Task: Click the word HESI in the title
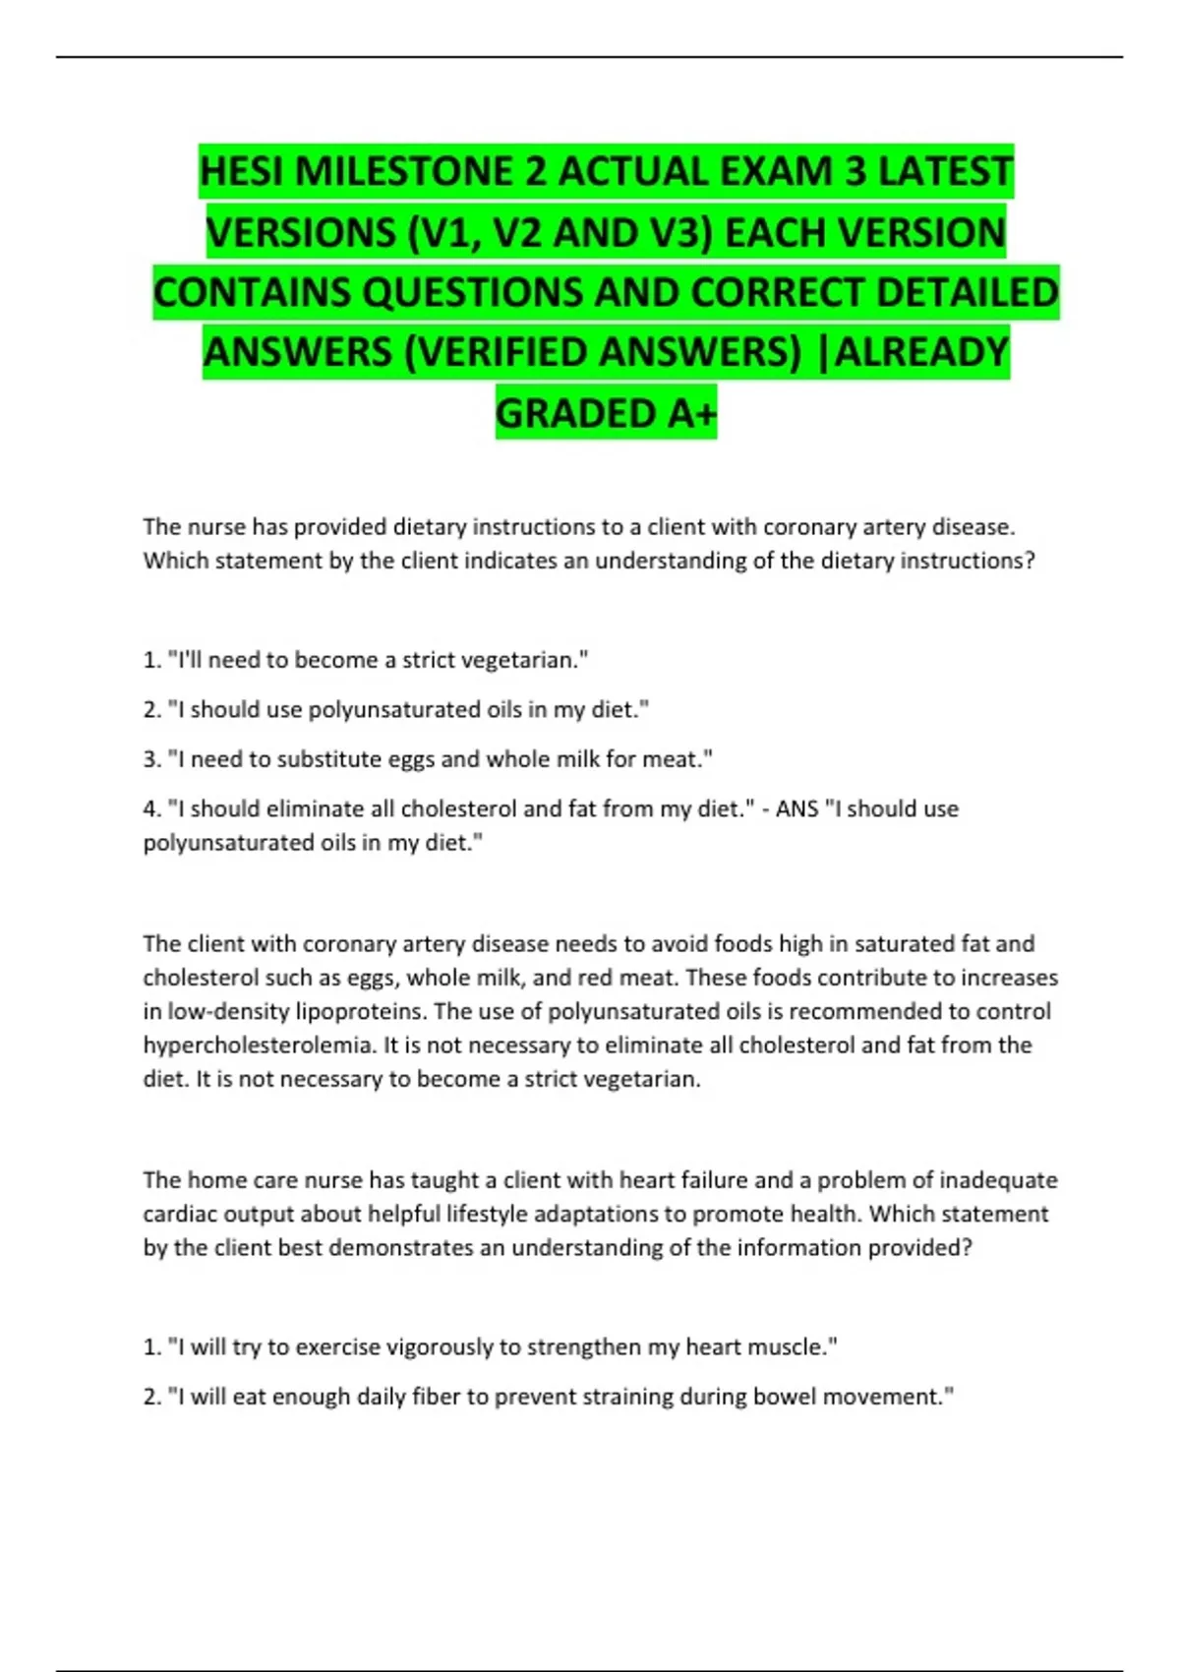coord(242,172)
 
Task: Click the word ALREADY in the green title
coord(921,353)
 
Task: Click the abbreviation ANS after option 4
coord(796,809)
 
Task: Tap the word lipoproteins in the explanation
coord(361,1012)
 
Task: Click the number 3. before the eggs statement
coord(151,759)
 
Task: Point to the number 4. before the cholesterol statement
coord(151,809)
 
